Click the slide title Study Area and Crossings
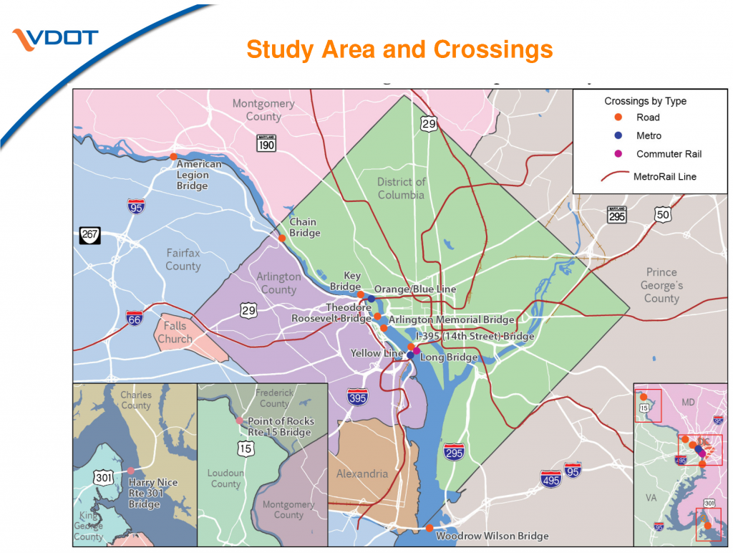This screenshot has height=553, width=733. pos(399,50)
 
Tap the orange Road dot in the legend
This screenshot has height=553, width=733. pos(619,117)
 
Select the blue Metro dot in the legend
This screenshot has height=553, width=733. pos(619,135)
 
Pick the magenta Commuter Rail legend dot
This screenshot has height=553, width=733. pos(619,154)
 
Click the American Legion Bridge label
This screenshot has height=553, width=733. pos(198,175)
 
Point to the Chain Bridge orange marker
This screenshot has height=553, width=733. pos(283,239)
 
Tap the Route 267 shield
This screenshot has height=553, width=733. pos(89,234)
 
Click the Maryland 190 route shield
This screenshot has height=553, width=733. pos(266,144)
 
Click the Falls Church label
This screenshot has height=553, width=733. pos(175,332)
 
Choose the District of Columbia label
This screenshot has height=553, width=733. pos(401,188)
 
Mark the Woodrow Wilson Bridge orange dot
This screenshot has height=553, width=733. pos(429,528)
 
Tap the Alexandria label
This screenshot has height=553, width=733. pos(362,473)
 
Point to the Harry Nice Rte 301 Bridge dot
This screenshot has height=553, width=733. pos(131,471)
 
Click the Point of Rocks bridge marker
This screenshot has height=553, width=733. pos(239,420)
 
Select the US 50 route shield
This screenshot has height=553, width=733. pos(662,213)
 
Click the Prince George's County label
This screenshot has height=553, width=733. pos(661,285)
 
